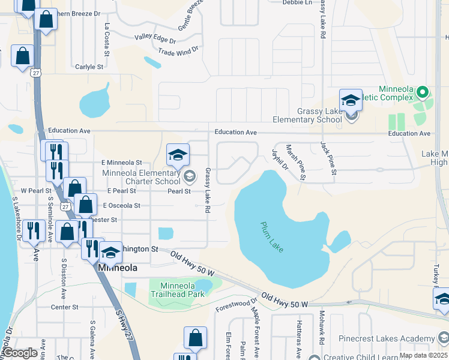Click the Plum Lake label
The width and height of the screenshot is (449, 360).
[272, 237]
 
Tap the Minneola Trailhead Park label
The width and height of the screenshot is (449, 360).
[178, 289]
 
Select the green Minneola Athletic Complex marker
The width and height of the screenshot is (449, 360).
[422, 93]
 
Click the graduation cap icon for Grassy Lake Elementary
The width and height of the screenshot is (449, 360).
[351, 101]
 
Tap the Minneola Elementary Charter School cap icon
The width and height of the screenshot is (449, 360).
[178, 155]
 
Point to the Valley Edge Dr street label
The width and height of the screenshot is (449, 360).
[155, 39]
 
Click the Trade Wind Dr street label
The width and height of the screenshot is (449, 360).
[178, 52]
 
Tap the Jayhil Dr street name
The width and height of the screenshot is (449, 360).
[280, 159]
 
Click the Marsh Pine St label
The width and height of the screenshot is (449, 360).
[296, 161]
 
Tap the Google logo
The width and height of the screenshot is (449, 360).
[20, 353]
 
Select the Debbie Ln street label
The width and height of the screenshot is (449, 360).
[297, 2]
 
